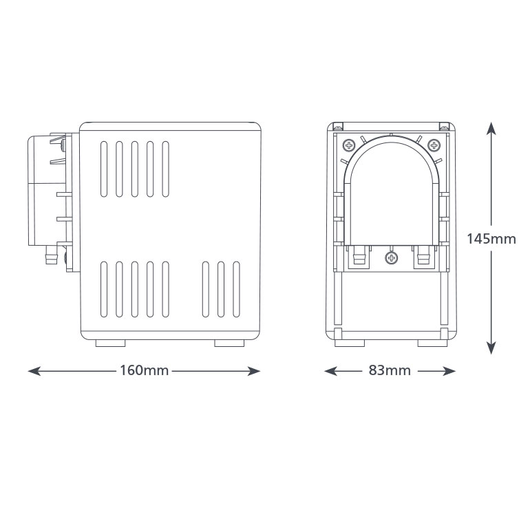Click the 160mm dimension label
145,370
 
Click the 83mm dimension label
390,370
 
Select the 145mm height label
491,239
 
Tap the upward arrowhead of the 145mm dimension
491,129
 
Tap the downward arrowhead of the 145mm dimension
491,348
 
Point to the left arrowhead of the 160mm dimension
34,371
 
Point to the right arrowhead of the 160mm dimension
254,371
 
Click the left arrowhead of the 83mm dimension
330,371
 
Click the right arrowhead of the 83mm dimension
449,371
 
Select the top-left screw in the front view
349,146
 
